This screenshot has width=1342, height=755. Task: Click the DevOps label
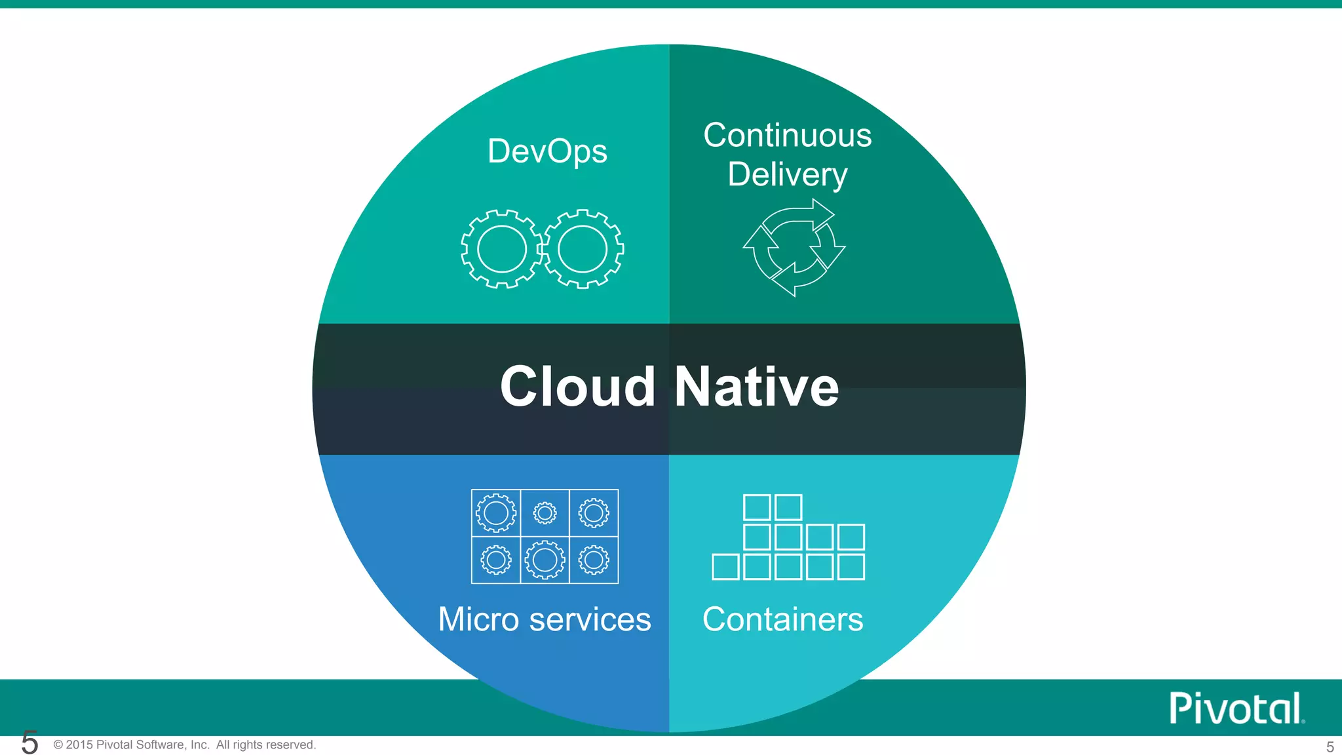[x=547, y=152]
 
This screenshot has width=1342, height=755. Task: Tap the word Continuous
[x=787, y=136]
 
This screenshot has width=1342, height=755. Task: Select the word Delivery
[x=787, y=174]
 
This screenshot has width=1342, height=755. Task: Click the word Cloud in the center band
[x=577, y=387]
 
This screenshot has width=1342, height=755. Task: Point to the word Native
[x=756, y=387]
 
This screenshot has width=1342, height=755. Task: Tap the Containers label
[x=782, y=619]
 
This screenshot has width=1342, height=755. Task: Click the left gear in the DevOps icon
[x=502, y=249]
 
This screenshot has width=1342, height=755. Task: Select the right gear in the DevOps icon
[x=583, y=249]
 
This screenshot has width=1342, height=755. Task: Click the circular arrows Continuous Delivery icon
[x=794, y=248]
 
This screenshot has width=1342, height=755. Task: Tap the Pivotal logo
[x=1237, y=708]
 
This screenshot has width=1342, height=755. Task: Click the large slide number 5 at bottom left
[x=29, y=743]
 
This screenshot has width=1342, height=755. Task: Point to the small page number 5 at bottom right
[x=1330, y=746]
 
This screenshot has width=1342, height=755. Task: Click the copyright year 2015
[x=79, y=745]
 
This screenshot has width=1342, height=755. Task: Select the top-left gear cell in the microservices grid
[x=496, y=513]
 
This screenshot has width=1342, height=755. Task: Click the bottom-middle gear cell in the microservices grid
[x=545, y=560]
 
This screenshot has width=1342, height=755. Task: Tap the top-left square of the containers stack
[x=757, y=507]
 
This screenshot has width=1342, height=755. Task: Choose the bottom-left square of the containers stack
[x=725, y=567]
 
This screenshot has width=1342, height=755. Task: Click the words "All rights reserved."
[x=266, y=745]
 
